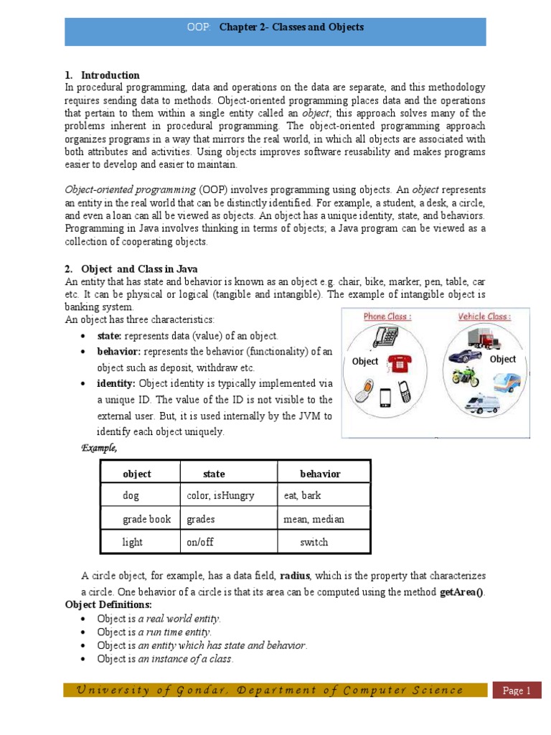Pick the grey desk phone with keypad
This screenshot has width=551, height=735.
[388, 337]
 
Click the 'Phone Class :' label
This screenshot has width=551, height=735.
[387, 317]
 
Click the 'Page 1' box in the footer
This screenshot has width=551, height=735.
[516, 690]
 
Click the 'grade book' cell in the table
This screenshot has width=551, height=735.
[146, 519]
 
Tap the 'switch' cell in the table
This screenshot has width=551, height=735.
[314, 542]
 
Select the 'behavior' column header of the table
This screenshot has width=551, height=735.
[320, 474]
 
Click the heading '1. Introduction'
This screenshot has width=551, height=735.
[102, 75]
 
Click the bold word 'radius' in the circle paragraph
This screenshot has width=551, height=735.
[295, 576]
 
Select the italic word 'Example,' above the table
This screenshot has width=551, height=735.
[99, 448]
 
